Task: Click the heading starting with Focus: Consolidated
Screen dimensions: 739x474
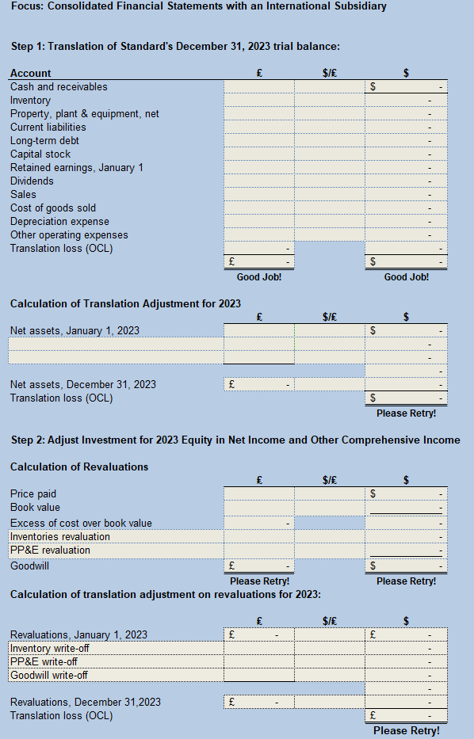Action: click(x=198, y=7)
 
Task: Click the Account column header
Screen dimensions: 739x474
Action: click(x=30, y=73)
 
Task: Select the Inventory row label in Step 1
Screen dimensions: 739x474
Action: click(x=30, y=101)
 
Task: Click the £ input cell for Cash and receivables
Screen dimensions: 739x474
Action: click(x=258, y=86)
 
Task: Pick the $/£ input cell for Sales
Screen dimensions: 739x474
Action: click(x=329, y=194)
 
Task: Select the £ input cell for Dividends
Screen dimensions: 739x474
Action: click(x=258, y=181)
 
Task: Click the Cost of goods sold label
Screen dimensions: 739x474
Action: click(x=53, y=208)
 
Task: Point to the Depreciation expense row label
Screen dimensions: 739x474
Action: click(x=59, y=222)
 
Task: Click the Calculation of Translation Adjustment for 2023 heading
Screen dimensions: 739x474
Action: click(x=125, y=303)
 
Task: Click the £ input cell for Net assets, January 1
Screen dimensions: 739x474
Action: click(x=258, y=330)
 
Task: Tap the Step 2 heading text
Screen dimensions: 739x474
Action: click(x=235, y=440)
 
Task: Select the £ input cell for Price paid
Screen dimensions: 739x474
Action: click(x=258, y=493)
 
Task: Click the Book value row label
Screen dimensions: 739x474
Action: click(x=35, y=507)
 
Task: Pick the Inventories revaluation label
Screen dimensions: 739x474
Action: click(x=60, y=536)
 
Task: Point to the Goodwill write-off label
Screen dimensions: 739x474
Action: click(x=49, y=675)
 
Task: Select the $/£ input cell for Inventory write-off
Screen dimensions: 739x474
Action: click(x=329, y=648)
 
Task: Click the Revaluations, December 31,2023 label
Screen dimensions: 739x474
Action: click(x=86, y=702)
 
